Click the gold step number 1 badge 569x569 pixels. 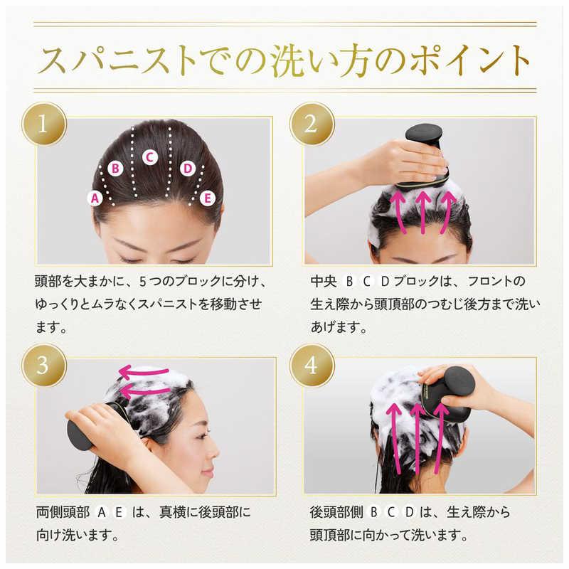(x=44, y=124)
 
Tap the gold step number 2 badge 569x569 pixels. (x=312, y=124)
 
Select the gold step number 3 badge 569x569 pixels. (x=44, y=365)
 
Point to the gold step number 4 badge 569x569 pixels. (x=312, y=365)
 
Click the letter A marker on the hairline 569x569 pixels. (x=95, y=198)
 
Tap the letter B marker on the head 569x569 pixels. (x=115, y=169)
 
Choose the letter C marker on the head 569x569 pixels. (x=149, y=157)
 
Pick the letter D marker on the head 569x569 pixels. (x=188, y=169)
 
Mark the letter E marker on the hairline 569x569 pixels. (x=208, y=198)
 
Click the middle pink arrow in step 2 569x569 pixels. (x=422, y=212)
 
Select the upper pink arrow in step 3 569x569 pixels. (x=144, y=373)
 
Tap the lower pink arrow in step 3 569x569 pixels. (x=145, y=391)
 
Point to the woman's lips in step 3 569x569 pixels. (x=208, y=473)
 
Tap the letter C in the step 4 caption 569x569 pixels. (x=390, y=512)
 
